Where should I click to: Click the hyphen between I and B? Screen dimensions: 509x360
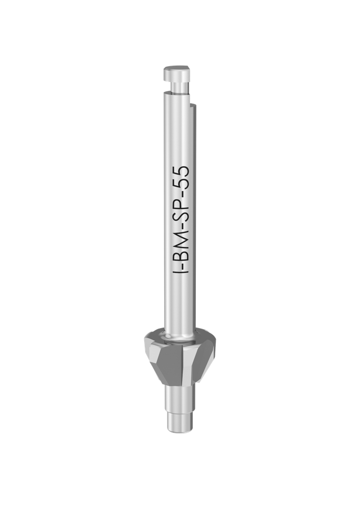[182, 266]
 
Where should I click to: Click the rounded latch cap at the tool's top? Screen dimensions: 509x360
[177, 73]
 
